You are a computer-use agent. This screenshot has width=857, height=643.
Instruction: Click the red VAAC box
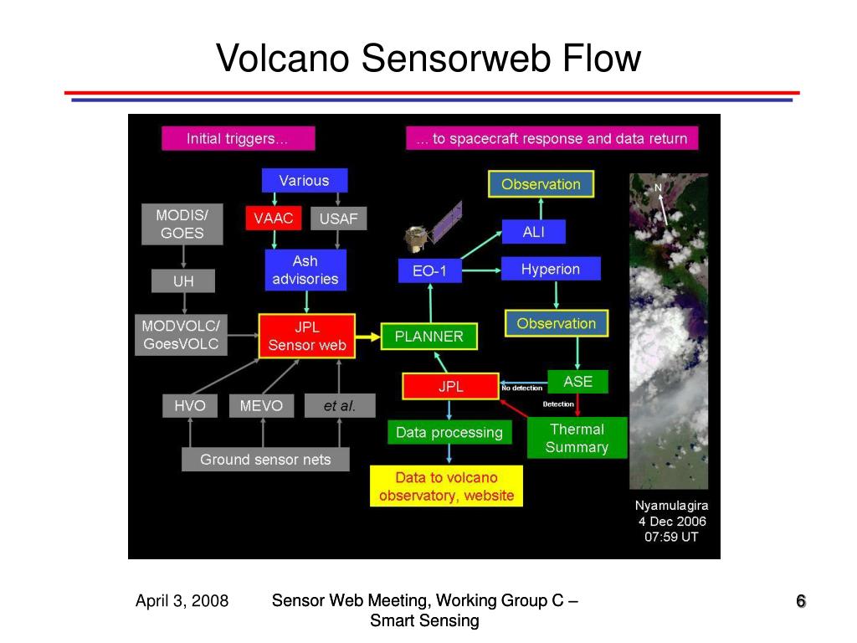tap(273, 219)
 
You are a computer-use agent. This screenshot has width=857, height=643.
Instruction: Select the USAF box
tap(338, 219)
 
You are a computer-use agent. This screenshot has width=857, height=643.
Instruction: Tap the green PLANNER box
tap(428, 337)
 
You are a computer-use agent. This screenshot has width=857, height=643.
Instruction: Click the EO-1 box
tap(429, 271)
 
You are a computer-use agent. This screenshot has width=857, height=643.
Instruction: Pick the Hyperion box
tap(550, 269)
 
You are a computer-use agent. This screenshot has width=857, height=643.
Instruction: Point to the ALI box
tap(533, 232)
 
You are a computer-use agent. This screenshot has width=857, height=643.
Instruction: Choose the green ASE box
tap(577, 382)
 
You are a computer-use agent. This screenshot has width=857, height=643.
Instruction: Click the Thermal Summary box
tap(577, 438)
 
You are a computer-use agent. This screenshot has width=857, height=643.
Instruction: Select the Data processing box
tap(449, 432)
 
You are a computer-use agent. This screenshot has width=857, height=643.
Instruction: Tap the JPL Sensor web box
tap(307, 336)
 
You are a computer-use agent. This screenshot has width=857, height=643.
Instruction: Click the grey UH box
tap(182, 281)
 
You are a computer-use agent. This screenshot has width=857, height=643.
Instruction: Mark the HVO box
tap(190, 406)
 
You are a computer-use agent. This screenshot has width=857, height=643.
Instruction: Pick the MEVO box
tap(261, 406)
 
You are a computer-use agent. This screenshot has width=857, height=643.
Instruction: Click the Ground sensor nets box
tap(265, 459)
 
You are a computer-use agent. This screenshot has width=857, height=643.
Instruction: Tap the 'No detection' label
tap(521, 388)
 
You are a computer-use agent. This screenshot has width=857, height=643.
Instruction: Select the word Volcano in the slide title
tap(283, 59)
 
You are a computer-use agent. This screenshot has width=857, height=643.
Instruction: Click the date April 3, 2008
tap(182, 600)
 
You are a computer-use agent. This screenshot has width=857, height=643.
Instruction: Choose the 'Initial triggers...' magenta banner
tap(238, 139)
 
